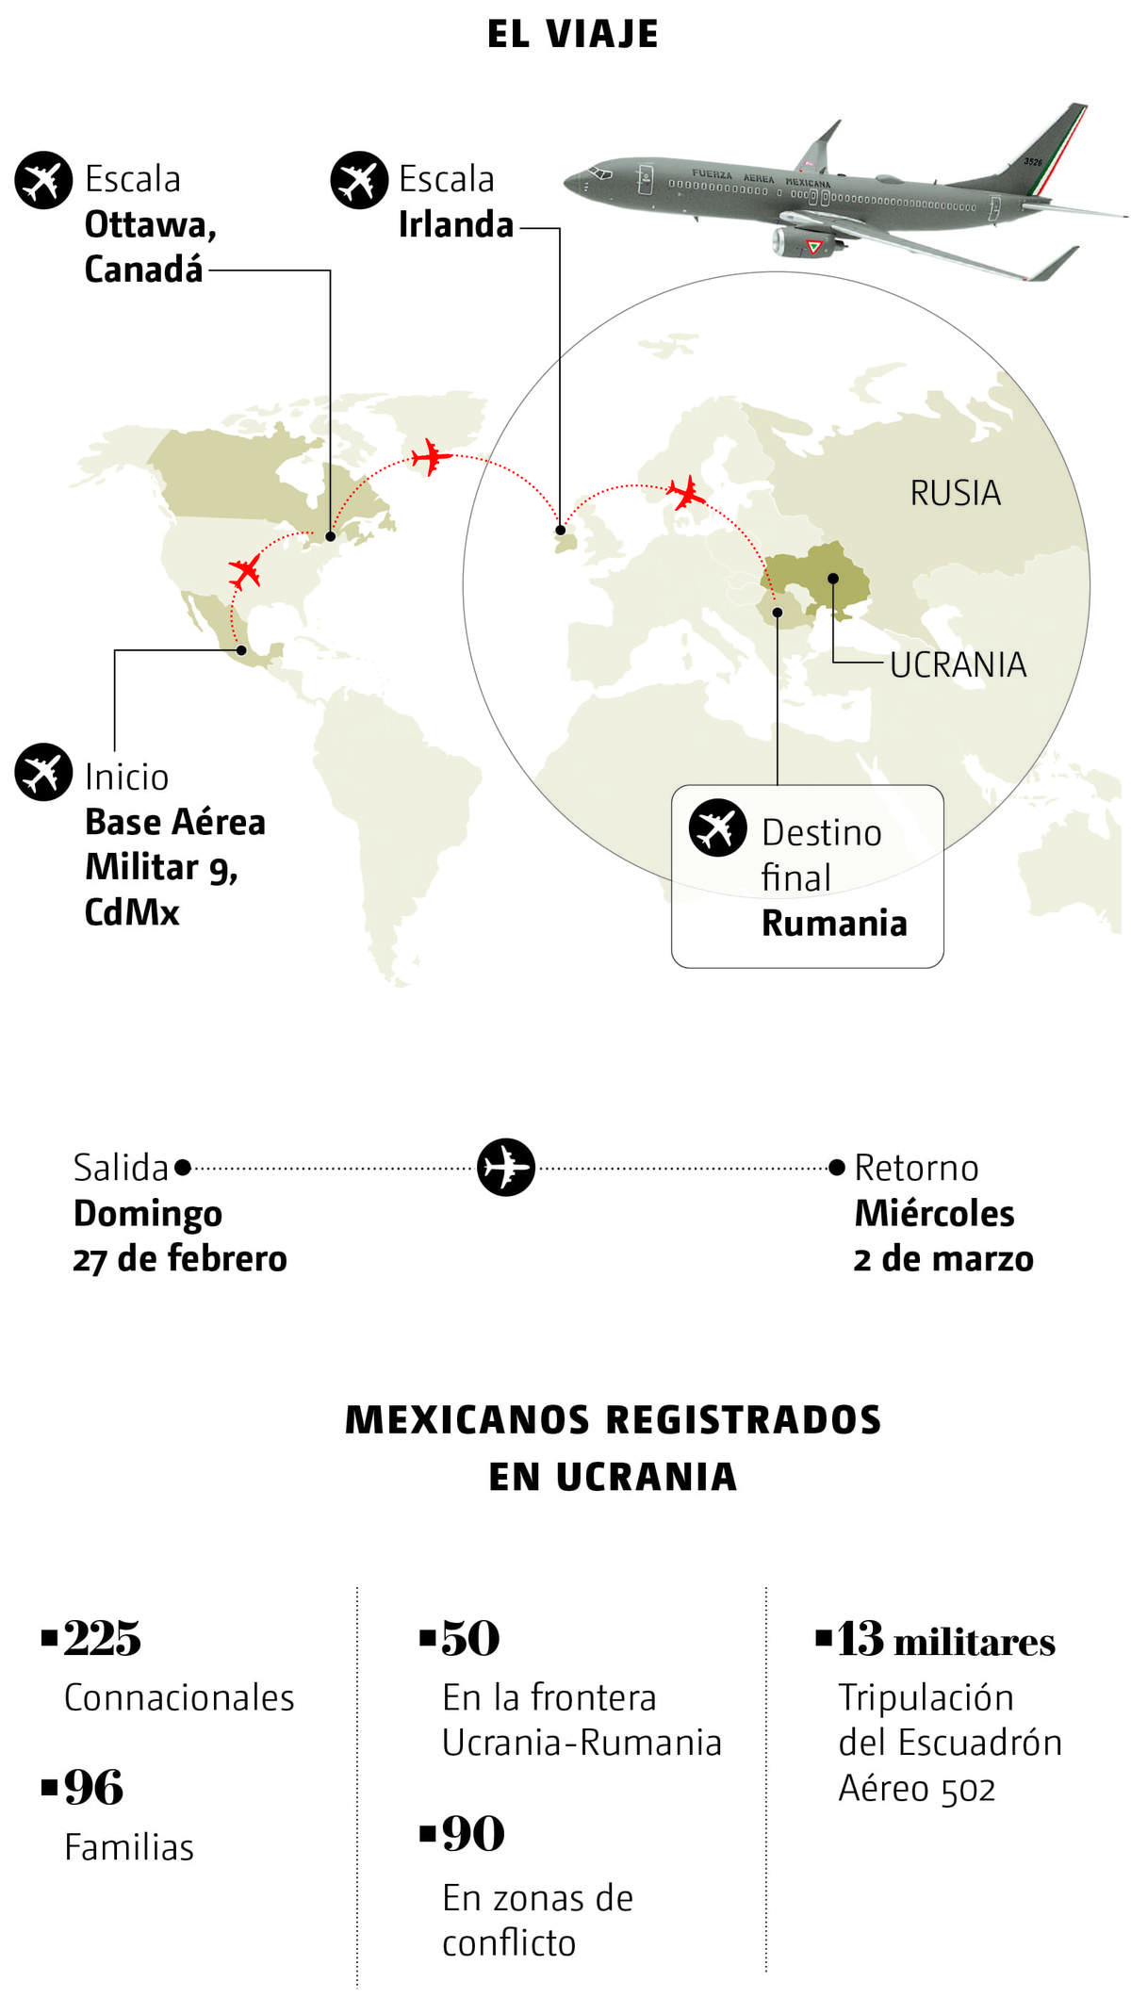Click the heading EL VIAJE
pyautogui.click(x=572, y=34)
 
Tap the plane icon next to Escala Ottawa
pyautogui.click(x=43, y=180)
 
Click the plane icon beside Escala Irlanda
pyautogui.click(x=359, y=180)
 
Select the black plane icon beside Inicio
pyautogui.click(x=43, y=772)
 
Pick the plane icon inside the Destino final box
pyautogui.click(x=717, y=827)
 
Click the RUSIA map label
pyautogui.click(x=955, y=493)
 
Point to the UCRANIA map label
pyautogui.click(x=958, y=664)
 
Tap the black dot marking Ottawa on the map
pyautogui.click(x=331, y=536)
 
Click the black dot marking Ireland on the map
pyautogui.click(x=561, y=531)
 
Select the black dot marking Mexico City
pyautogui.click(x=242, y=650)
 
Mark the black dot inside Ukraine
pyautogui.click(x=833, y=579)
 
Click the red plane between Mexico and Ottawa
pyautogui.click(x=245, y=571)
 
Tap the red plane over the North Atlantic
pyautogui.click(x=432, y=457)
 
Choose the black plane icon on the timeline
pyautogui.click(x=505, y=1168)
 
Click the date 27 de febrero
pyautogui.click(x=180, y=1259)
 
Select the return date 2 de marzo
pyautogui.click(x=943, y=1259)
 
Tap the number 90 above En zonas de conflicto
pyautogui.click(x=473, y=1834)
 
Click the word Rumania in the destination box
pyautogui.click(x=834, y=924)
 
